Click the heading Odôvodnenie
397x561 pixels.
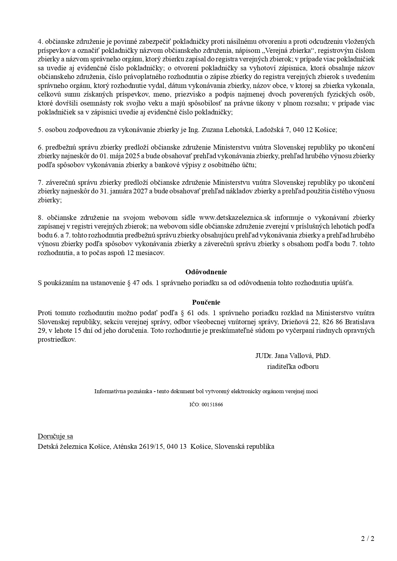pos(206,272)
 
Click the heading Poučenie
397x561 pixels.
pos(206,302)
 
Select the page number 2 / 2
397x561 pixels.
pos(368,538)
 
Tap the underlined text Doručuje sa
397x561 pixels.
pos(55,436)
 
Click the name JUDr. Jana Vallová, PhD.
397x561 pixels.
pos(293,356)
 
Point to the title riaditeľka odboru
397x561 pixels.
pos(293,367)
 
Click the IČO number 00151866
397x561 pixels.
pos(212,404)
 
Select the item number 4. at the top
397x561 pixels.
pos(40,42)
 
